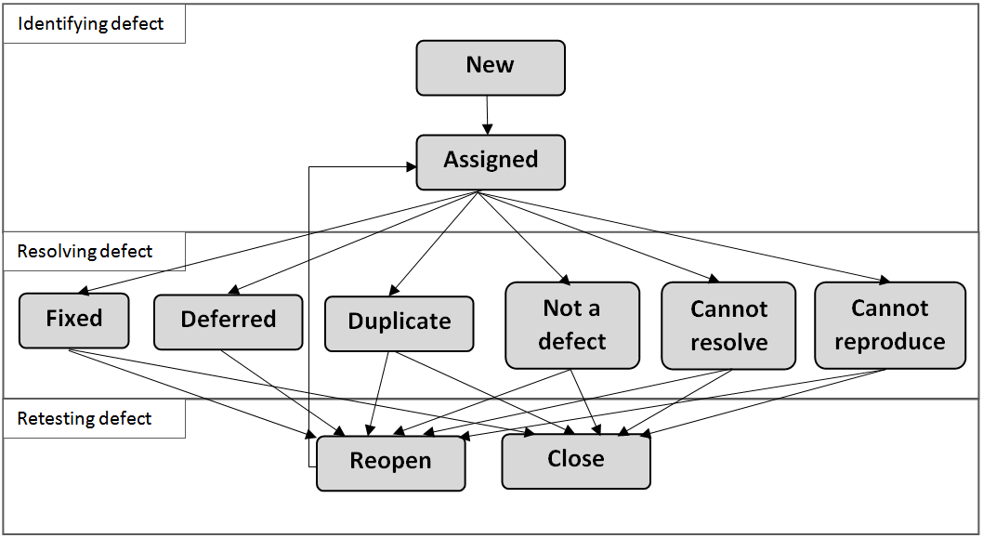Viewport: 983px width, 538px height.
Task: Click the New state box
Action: tap(491, 68)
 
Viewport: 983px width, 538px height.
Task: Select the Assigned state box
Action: tap(491, 162)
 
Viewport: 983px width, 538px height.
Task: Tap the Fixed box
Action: tap(74, 321)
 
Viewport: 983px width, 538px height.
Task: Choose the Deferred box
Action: tap(229, 321)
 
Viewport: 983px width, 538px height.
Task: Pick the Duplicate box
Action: tap(400, 323)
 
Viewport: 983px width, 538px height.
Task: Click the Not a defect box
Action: tap(572, 325)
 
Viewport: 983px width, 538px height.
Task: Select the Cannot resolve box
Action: tap(728, 325)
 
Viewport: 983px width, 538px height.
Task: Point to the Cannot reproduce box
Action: tap(890, 325)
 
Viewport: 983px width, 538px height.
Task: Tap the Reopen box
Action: tap(390, 463)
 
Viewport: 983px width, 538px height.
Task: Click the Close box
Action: tap(576, 461)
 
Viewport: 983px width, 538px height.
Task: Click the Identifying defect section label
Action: tap(90, 24)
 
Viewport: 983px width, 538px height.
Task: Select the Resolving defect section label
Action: tap(85, 252)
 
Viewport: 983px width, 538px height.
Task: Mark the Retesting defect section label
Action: tap(84, 419)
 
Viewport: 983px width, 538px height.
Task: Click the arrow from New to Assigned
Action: tap(487, 114)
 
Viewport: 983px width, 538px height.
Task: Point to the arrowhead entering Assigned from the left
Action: tap(412, 167)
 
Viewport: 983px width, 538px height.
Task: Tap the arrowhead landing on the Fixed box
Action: tap(84, 291)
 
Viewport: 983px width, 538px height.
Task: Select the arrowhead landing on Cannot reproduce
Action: tap(885, 281)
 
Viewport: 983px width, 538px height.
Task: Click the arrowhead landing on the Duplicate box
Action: tap(394, 290)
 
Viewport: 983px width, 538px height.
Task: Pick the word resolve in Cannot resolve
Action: tap(729, 342)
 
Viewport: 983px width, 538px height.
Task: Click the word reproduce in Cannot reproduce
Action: tap(890, 342)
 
